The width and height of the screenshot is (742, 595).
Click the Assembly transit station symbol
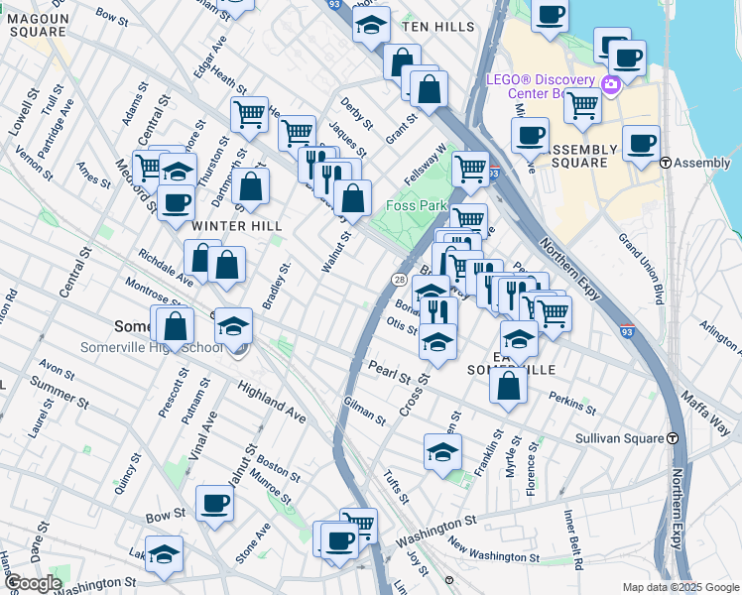(x=666, y=163)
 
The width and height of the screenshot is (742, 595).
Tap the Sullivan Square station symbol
(x=674, y=437)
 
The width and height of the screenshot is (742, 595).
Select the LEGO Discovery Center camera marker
(x=610, y=84)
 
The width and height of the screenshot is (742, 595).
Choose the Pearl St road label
(x=389, y=376)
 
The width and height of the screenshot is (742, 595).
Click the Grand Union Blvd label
(x=640, y=267)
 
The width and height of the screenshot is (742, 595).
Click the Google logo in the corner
(x=32, y=583)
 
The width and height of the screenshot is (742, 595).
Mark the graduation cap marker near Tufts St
(x=442, y=453)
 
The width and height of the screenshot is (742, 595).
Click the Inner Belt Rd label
(x=573, y=541)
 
